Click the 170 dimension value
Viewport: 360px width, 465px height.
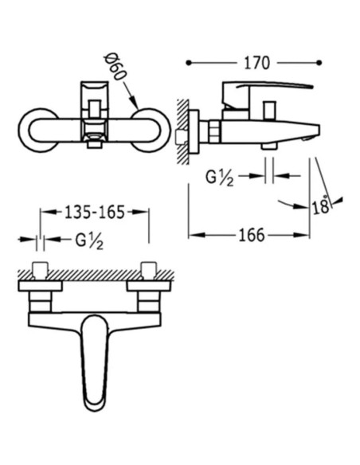pyautogui.click(x=256, y=63)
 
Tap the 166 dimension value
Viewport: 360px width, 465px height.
pyautogui.click(x=252, y=235)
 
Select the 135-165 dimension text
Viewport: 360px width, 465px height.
pyautogui.click(x=95, y=212)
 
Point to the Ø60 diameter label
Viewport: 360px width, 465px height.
pyautogui.click(x=115, y=68)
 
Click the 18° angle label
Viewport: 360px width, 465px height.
pyautogui.click(x=321, y=205)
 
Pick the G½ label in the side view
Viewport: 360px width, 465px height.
pyautogui.click(x=220, y=178)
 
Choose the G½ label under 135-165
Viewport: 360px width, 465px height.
pyautogui.click(x=89, y=240)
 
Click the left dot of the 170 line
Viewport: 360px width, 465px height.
pyautogui.click(x=189, y=63)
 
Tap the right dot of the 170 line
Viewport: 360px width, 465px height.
pyautogui.click(x=319, y=63)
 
